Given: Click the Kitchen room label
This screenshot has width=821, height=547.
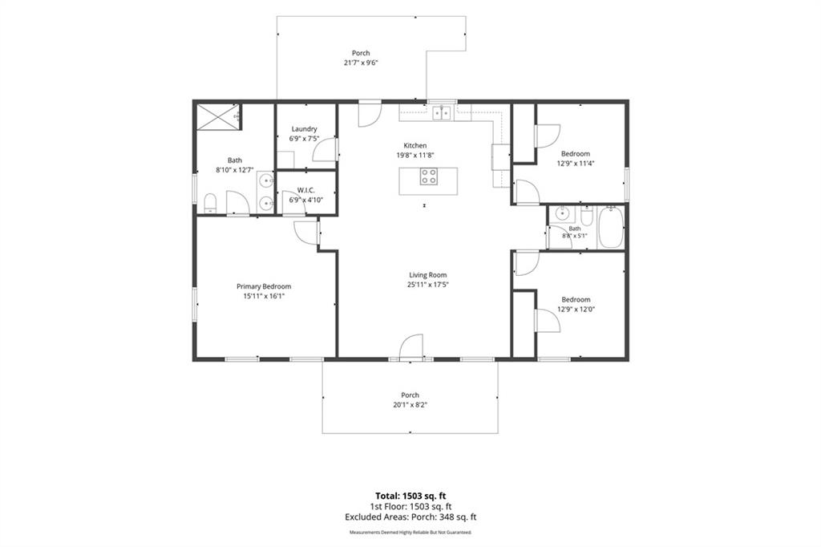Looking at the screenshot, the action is click(x=415, y=146).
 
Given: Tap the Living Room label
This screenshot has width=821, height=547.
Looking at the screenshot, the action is click(x=428, y=275).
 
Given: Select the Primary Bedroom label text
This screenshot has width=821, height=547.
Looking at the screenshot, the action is click(x=264, y=286).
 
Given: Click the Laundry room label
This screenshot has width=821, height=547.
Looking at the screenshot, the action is click(x=304, y=129).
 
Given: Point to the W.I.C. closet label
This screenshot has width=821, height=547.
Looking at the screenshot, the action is click(x=305, y=190).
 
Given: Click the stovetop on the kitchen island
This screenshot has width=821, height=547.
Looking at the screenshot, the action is click(x=428, y=176).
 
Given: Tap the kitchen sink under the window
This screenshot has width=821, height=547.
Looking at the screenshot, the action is click(x=442, y=112).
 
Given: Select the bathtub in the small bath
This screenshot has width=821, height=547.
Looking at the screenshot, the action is click(x=610, y=227).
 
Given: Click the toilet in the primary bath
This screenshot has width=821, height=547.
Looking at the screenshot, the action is click(x=210, y=203).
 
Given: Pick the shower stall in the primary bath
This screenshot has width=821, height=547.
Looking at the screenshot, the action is click(x=219, y=115).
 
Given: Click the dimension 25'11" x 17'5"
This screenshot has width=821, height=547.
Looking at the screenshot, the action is click(x=428, y=285).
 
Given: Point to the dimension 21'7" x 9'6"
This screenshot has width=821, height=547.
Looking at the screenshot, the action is click(x=361, y=63).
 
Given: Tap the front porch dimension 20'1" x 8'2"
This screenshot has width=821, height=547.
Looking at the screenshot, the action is click(x=410, y=404).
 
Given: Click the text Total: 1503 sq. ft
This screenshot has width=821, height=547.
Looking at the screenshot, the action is click(x=410, y=496).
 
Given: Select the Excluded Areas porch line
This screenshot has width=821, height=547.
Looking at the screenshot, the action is click(x=410, y=517).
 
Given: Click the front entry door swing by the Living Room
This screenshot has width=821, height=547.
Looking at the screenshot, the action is click(x=411, y=346).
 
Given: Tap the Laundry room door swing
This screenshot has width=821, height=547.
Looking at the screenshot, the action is click(x=326, y=149).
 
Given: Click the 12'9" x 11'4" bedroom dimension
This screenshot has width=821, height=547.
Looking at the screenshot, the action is click(x=576, y=164).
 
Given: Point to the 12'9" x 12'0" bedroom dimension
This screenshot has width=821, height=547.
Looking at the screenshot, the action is click(x=576, y=309).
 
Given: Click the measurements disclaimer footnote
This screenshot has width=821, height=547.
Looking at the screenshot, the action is click(x=410, y=533).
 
